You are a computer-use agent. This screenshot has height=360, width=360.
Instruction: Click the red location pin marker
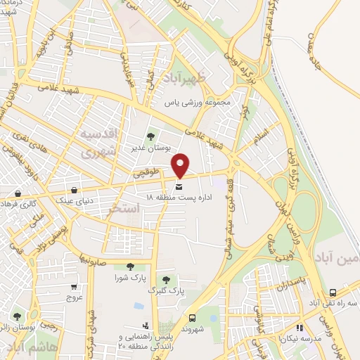[181, 165]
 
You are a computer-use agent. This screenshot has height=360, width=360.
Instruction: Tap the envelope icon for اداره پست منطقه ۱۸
[179, 186]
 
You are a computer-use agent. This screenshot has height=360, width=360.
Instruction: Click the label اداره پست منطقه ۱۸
[179, 199]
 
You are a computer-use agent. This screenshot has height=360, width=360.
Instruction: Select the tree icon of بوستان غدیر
[150, 136]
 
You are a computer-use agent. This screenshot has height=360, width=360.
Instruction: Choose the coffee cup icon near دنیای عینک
[74, 189]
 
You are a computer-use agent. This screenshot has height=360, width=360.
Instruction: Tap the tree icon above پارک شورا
[130, 266]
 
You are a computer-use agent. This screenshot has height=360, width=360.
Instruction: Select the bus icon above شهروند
[193, 317]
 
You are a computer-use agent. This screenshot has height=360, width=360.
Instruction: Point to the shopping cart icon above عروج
[74, 286]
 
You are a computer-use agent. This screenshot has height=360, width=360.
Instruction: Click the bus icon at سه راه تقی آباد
[332, 292]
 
